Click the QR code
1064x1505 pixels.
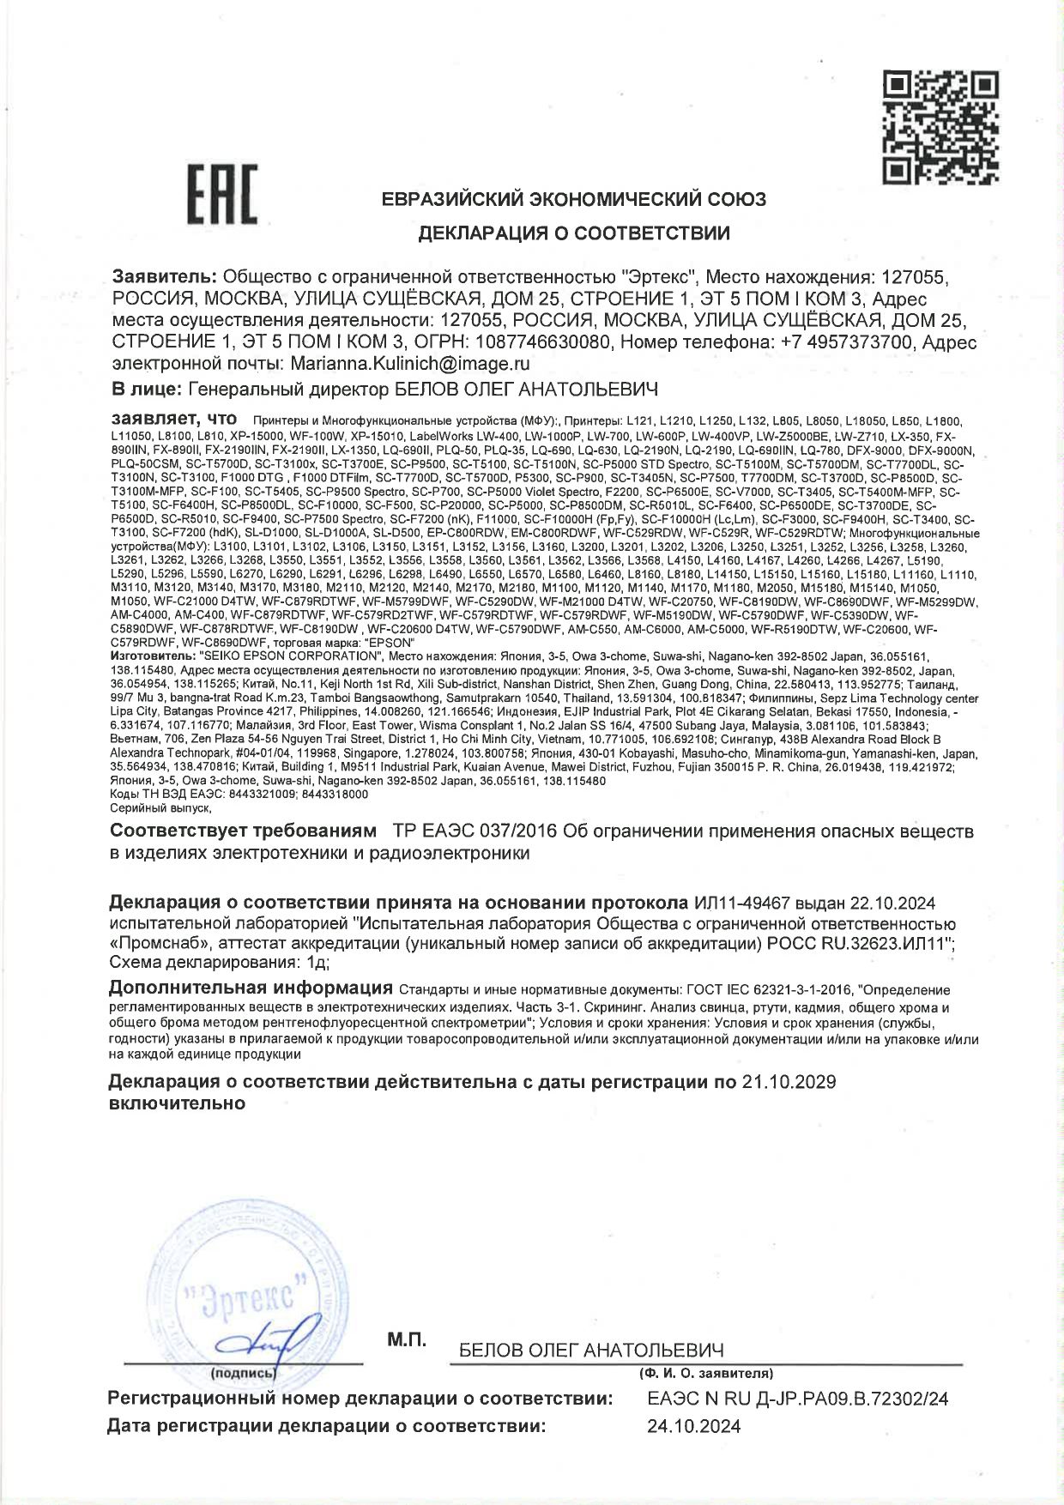(941, 129)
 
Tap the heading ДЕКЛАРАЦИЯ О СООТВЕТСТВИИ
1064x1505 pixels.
(573, 233)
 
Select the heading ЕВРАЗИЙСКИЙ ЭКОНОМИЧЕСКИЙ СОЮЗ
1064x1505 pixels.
(573, 200)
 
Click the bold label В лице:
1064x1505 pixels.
(146, 390)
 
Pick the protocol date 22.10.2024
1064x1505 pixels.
(892, 904)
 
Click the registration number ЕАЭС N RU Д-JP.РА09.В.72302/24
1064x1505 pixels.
(797, 1399)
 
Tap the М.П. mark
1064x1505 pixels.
(406, 1339)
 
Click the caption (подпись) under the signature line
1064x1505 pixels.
(243, 1374)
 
